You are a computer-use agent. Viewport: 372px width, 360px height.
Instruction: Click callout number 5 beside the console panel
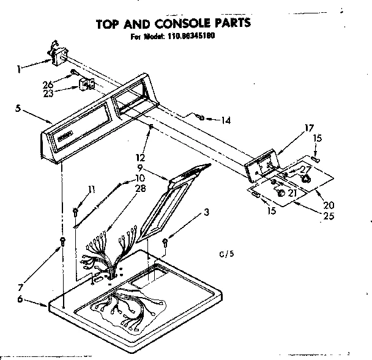click(x=18, y=109)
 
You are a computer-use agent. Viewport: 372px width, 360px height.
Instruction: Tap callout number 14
click(x=226, y=120)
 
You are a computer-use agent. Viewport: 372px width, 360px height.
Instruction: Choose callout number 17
click(x=308, y=128)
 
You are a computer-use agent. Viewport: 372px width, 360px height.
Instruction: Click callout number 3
click(x=208, y=212)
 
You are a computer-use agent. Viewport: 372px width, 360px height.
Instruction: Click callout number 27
click(x=305, y=171)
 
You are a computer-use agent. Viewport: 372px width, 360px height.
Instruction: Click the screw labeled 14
click(x=200, y=117)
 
